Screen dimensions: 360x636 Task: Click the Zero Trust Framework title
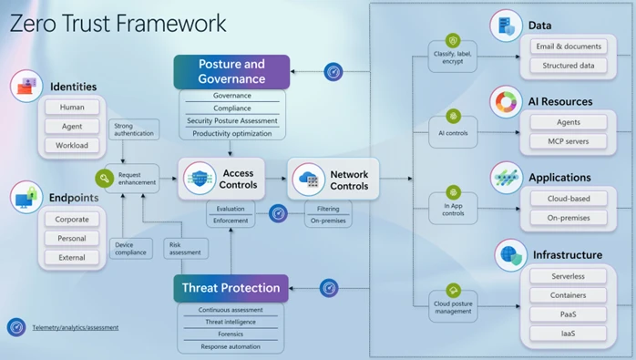pyautogui.click(x=118, y=23)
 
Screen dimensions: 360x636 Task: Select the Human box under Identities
pyautogui.click(x=71, y=108)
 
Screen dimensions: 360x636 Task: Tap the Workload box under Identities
pyautogui.click(x=71, y=146)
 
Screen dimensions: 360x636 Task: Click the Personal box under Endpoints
pyautogui.click(x=71, y=238)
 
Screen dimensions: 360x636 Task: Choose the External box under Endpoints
pyautogui.click(x=71, y=257)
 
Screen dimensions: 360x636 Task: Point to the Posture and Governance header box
pyautogui.click(x=231, y=71)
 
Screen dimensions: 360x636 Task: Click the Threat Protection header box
pyautogui.click(x=231, y=288)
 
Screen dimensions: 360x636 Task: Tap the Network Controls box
pyautogui.click(x=334, y=179)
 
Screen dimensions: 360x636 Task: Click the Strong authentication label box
pyautogui.click(x=133, y=130)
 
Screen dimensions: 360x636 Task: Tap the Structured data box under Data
pyautogui.click(x=568, y=66)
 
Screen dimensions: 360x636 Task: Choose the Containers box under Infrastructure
pyautogui.click(x=568, y=294)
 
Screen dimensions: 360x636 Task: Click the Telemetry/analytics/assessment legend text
pyautogui.click(x=76, y=327)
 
